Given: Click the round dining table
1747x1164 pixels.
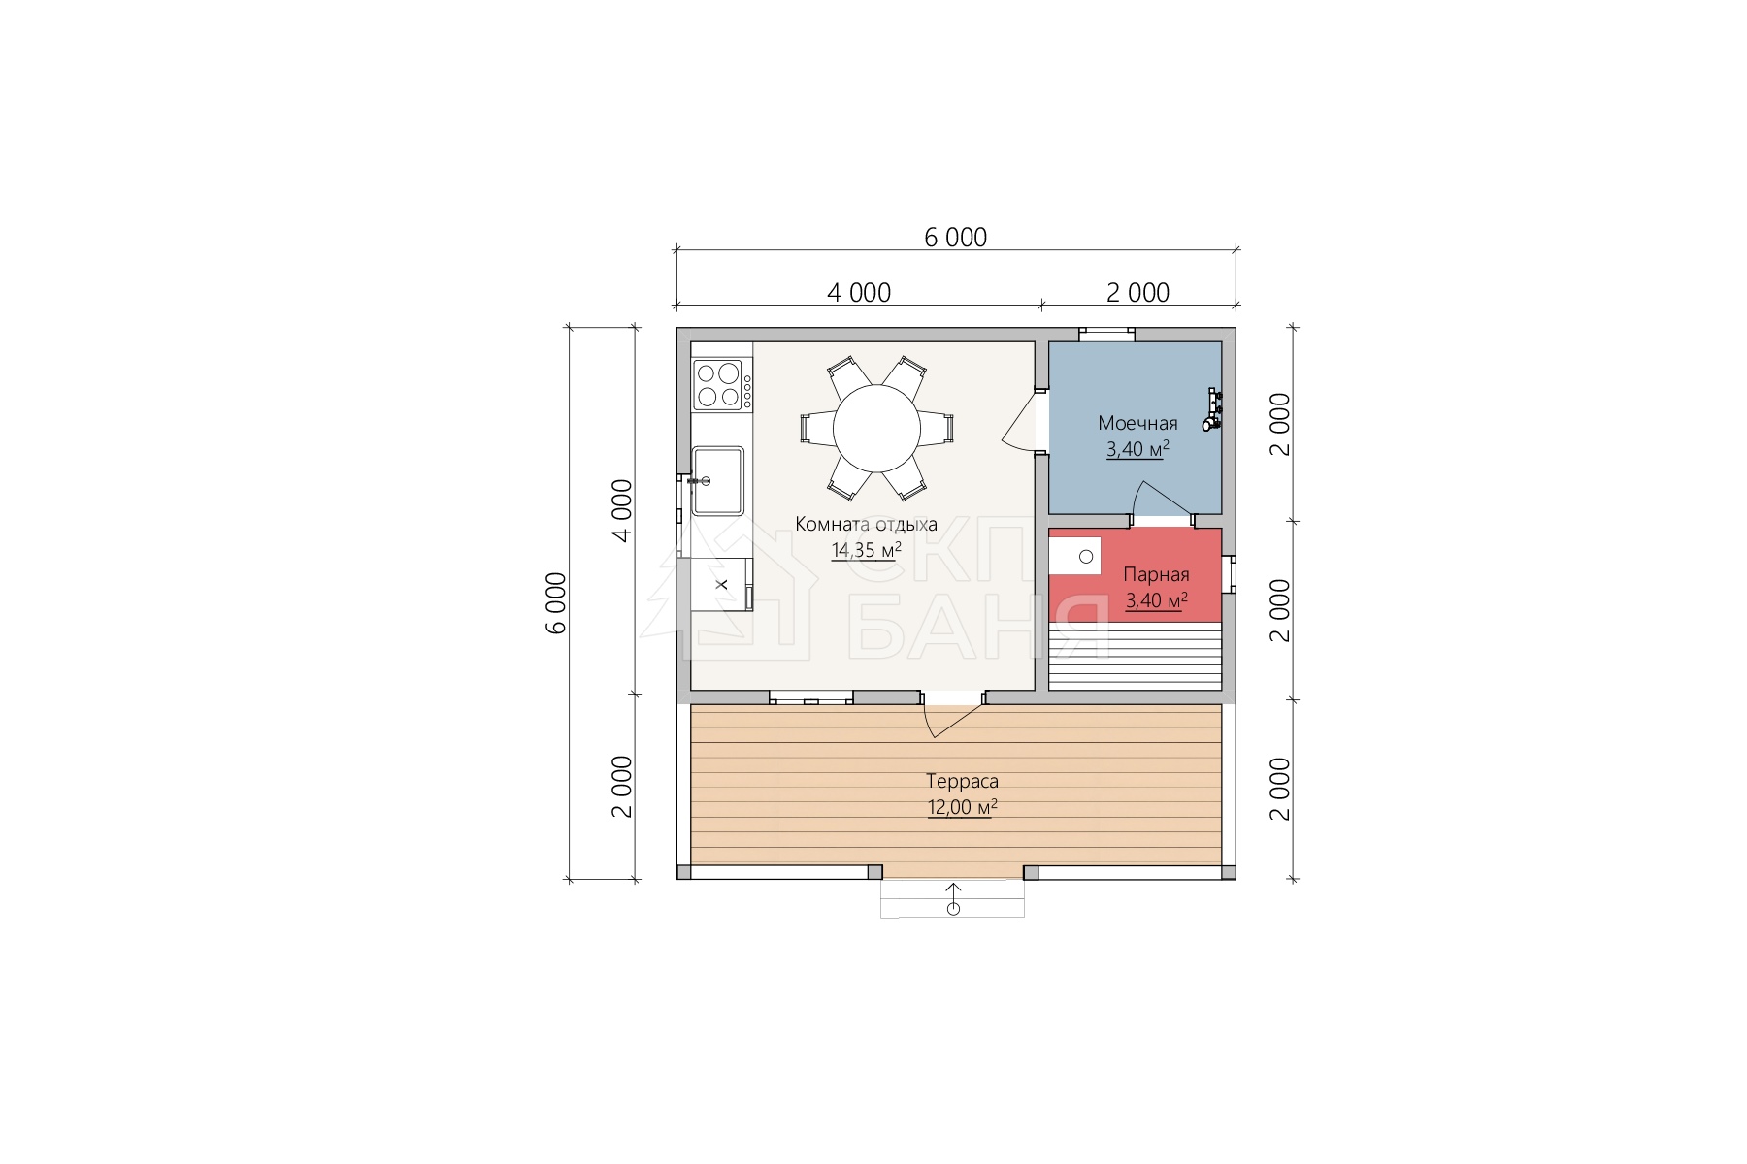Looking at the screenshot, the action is point(876,429).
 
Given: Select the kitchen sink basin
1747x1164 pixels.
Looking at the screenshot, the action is point(717,480).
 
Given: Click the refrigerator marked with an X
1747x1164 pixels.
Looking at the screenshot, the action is point(721,584).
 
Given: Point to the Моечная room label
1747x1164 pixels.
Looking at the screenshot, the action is point(1137,423).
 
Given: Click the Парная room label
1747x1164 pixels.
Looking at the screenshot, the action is point(1156,574).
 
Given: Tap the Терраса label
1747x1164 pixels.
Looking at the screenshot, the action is point(962,781).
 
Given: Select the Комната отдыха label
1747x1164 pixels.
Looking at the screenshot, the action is point(866,524).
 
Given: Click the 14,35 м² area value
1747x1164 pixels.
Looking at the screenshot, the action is point(866,550).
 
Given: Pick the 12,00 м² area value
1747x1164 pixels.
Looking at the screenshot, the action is point(962,807).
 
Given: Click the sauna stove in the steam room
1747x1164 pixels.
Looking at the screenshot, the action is point(1075,556).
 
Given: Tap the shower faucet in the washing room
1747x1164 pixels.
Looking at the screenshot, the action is point(1212,409).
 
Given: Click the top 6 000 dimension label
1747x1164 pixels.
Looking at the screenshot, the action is point(955,238).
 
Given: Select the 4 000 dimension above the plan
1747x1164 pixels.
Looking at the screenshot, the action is point(859,293).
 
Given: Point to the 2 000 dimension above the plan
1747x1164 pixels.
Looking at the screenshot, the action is point(1137,293).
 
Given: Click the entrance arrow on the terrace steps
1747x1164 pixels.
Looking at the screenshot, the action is point(953,898).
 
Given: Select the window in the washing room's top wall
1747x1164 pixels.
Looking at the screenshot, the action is point(1107,335).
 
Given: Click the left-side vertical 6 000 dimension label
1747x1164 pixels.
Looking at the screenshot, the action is point(556,602).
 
